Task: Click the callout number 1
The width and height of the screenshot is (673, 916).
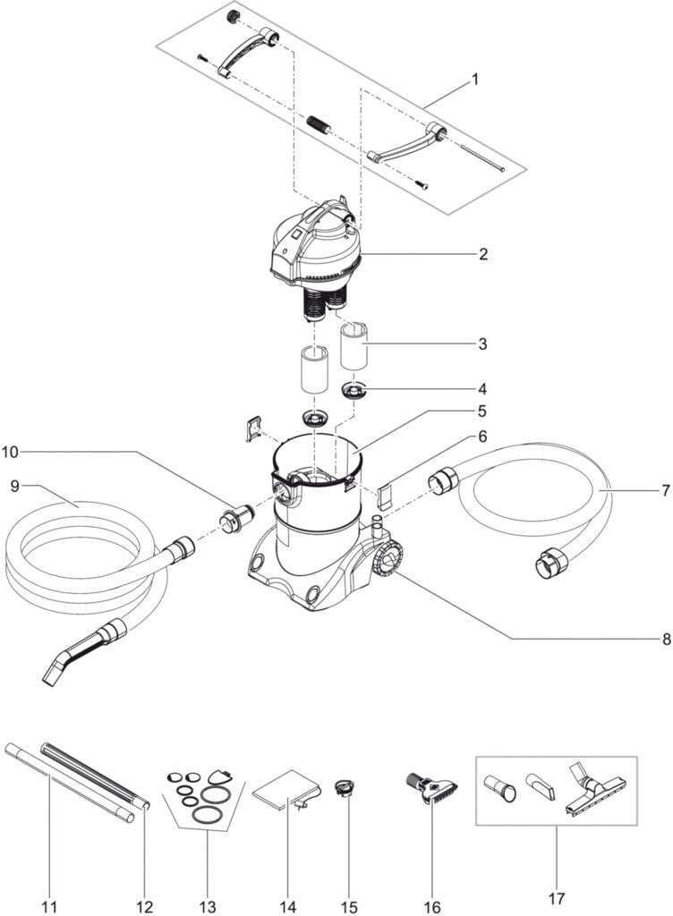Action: click(475, 79)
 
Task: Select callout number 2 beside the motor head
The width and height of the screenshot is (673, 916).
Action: click(482, 254)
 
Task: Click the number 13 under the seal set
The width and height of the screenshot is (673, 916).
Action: click(208, 907)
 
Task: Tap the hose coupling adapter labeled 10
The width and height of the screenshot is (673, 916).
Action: click(235, 518)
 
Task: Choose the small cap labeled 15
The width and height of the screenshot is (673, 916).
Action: click(343, 789)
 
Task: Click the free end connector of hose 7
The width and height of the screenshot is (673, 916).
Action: click(550, 564)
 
